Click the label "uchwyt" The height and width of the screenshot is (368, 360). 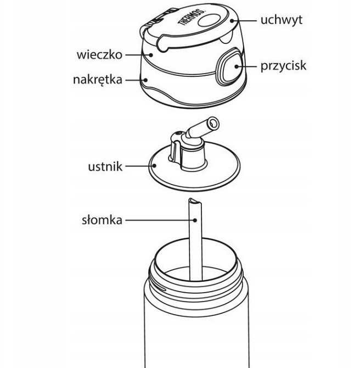point(281,20)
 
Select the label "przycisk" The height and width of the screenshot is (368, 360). point(282,66)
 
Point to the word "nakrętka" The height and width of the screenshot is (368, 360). point(98,80)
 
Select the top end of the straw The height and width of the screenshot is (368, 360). point(193,202)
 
